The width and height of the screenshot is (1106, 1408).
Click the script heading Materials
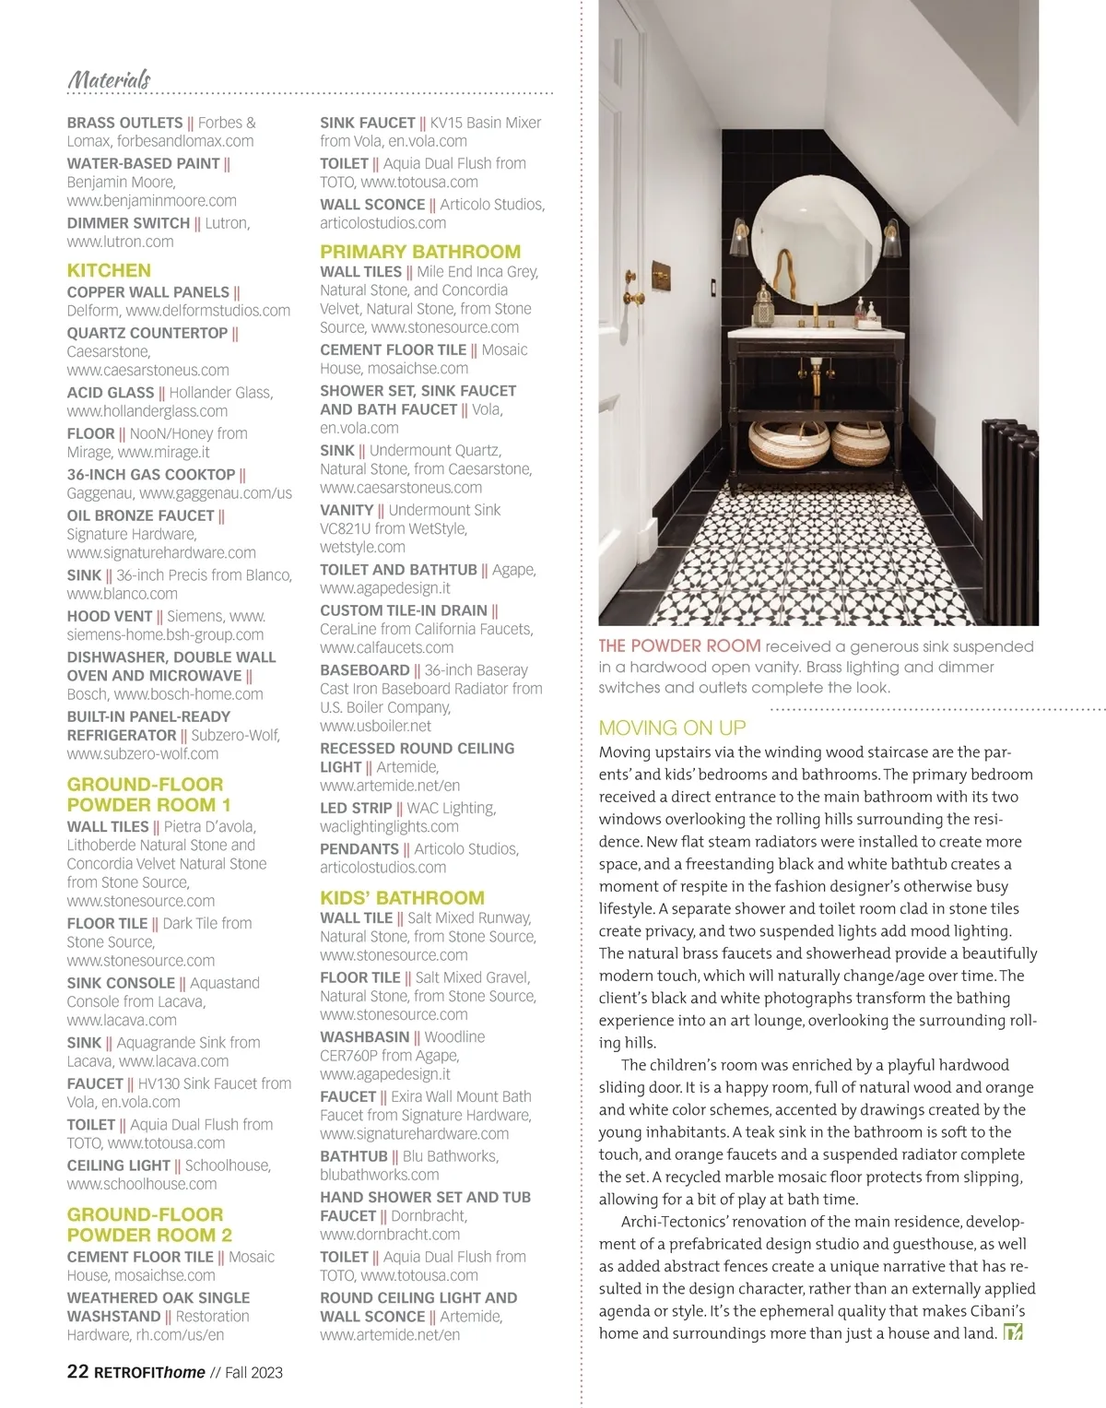(109, 79)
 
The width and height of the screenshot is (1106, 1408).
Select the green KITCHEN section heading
(109, 270)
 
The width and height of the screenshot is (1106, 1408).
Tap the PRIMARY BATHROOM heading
(420, 252)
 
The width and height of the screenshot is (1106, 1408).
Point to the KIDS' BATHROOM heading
(402, 898)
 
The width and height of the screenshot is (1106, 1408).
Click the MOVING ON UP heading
(672, 728)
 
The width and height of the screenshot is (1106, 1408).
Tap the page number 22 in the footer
(77, 1371)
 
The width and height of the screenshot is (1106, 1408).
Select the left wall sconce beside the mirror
(741, 239)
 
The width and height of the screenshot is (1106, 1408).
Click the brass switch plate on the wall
(662, 275)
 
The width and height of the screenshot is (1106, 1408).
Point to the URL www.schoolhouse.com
(142, 1184)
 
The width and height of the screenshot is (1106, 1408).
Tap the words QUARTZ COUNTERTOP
(147, 333)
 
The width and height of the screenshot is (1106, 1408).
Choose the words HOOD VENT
(110, 616)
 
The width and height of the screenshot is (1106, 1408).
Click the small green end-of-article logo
(1013, 1332)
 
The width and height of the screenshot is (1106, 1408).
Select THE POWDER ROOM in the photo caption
(679, 646)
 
